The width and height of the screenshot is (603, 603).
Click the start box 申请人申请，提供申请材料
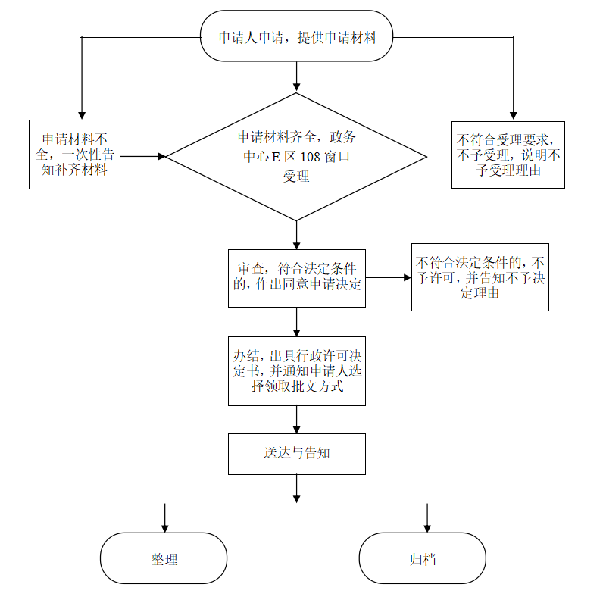(297, 36)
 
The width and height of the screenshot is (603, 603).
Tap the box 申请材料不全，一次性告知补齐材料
(75, 154)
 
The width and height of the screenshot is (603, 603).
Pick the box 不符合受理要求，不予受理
(508, 155)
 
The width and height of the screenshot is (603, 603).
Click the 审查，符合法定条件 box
(296, 277)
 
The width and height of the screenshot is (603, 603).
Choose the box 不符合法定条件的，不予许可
(480, 277)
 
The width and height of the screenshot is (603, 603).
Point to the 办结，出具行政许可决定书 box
(296, 371)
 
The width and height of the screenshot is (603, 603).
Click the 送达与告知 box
(296, 454)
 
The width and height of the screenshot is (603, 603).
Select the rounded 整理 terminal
(164, 558)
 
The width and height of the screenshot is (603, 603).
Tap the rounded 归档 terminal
(422, 558)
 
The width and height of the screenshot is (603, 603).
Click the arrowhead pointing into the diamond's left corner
(161, 157)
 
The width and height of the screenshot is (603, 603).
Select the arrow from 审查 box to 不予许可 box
(388, 277)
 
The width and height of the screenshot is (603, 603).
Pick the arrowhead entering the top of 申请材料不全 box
(80, 114)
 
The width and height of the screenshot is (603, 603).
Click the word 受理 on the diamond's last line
(296, 177)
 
